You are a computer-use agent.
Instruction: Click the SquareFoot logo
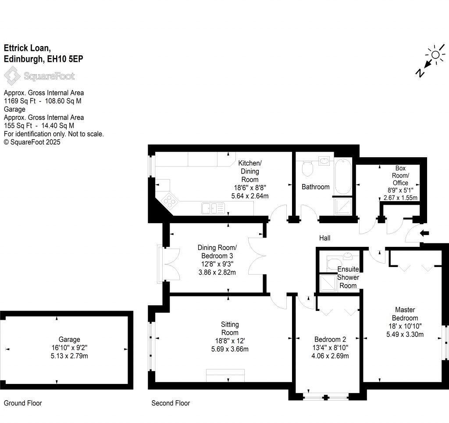39,76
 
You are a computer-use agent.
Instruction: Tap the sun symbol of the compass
435,55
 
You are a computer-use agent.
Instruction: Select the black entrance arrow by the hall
424,233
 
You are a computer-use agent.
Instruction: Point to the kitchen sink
213,208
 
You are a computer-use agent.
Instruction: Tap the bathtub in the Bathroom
342,177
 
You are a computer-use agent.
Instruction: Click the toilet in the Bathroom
307,167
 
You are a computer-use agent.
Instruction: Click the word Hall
324,238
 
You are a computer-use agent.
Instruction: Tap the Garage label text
69,339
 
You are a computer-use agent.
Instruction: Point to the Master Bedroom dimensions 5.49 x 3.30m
405,334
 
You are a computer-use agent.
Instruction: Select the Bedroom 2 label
330,339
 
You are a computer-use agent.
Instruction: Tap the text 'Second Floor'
171,403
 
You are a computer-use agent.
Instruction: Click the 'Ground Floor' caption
23,403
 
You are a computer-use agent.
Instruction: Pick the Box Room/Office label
400,175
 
